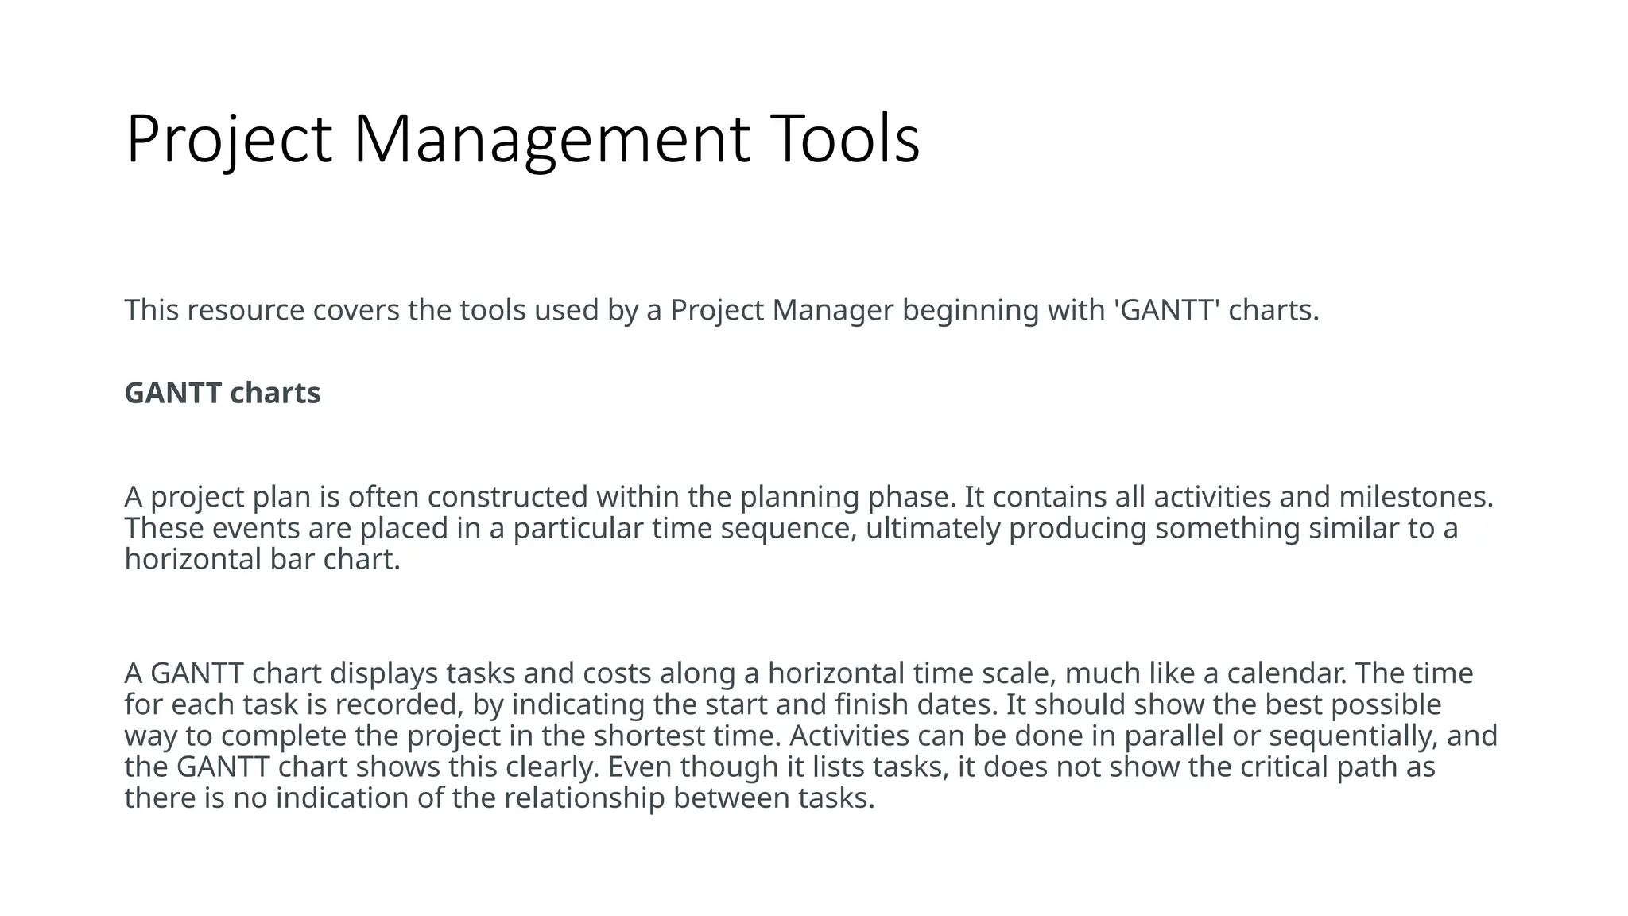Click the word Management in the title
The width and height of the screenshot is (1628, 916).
tap(551, 140)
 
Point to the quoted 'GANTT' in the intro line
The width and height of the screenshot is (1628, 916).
tap(1169, 310)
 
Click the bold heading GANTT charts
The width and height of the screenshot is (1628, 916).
tap(222, 393)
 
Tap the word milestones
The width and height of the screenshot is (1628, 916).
tap(1415, 497)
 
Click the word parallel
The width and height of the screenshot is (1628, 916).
tap(1173, 736)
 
